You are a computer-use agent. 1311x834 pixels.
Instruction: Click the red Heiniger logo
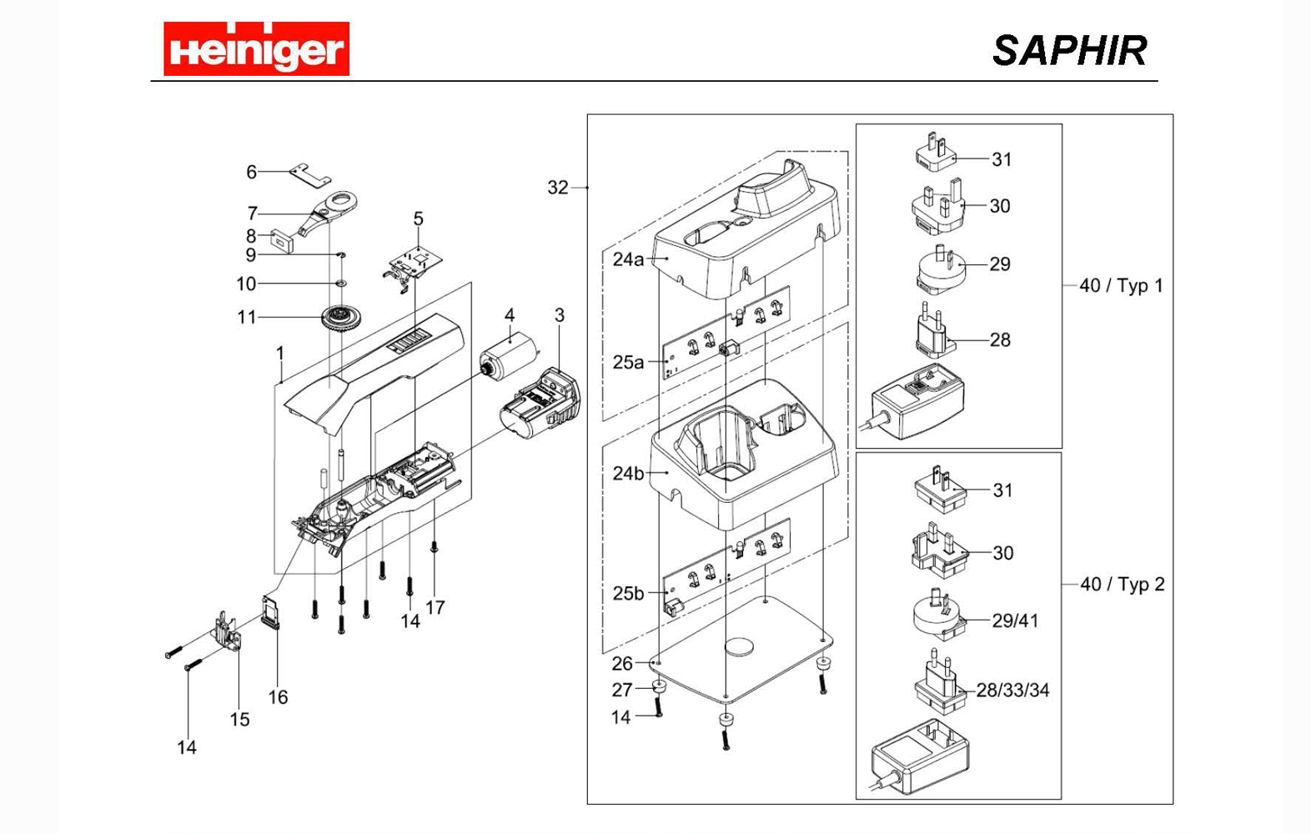[256, 49]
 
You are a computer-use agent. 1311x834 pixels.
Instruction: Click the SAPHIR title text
[1069, 51]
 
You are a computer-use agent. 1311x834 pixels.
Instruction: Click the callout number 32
[557, 188]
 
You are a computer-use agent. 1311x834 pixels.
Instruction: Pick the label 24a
[628, 259]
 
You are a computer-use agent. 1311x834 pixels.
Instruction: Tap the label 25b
[628, 593]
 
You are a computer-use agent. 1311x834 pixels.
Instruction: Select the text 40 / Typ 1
[1121, 285]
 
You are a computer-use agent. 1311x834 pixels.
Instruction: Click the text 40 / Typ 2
[1122, 584]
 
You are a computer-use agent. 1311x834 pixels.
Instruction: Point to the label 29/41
[1015, 620]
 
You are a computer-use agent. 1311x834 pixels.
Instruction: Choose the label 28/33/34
[1012, 691]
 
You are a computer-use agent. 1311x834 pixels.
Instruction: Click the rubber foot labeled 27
[659, 687]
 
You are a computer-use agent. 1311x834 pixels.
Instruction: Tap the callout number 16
[278, 697]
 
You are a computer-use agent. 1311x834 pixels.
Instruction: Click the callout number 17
[435, 607]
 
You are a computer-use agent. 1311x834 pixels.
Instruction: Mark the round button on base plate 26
[739, 646]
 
